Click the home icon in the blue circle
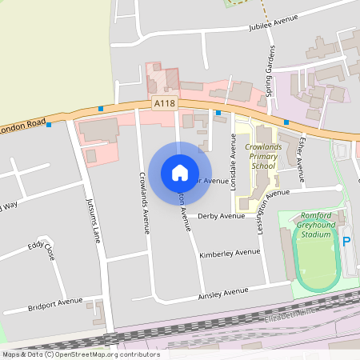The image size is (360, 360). tap(179, 173)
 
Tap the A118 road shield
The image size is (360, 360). tap(164, 103)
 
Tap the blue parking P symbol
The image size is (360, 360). tap(346, 242)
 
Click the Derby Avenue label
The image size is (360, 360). tap(222, 216)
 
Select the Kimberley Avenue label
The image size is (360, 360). tap(230, 252)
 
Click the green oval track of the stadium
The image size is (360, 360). tap(296, 264)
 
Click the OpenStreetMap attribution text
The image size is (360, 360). tap(80, 354)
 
